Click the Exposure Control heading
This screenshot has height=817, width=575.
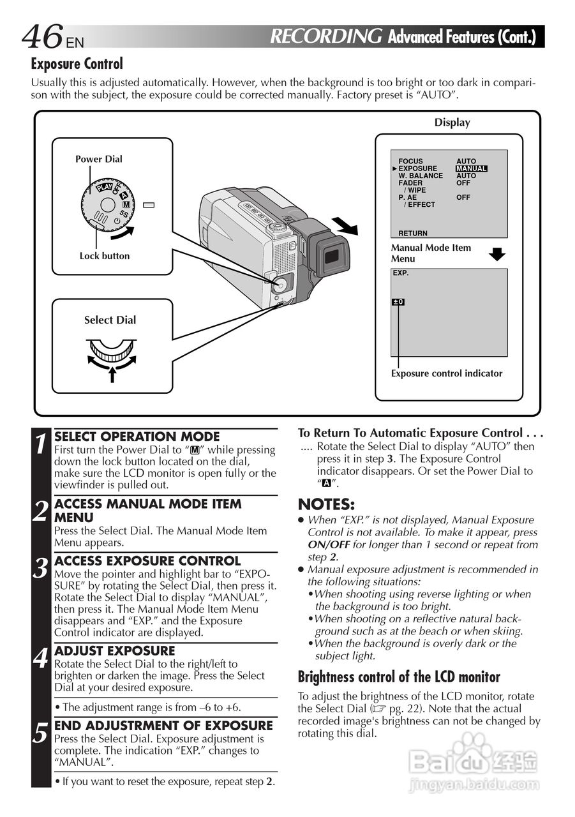[77, 64]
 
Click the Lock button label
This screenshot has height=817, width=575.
[104, 256]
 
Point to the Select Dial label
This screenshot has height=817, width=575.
[110, 320]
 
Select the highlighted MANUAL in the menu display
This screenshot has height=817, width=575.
[472, 169]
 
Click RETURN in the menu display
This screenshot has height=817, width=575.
[413, 234]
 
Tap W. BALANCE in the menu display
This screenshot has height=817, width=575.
[420, 176]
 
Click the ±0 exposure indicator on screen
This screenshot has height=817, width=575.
[398, 302]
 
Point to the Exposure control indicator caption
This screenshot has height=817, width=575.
[447, 373]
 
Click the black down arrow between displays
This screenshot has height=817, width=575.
[497, 254]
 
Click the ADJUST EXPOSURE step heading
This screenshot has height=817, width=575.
[115, 651]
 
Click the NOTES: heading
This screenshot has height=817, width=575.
[326, 504]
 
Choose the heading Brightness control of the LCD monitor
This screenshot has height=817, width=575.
[399, 677]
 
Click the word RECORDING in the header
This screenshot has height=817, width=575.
[326, 36]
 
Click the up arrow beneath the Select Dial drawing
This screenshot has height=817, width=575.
[112, 374]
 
